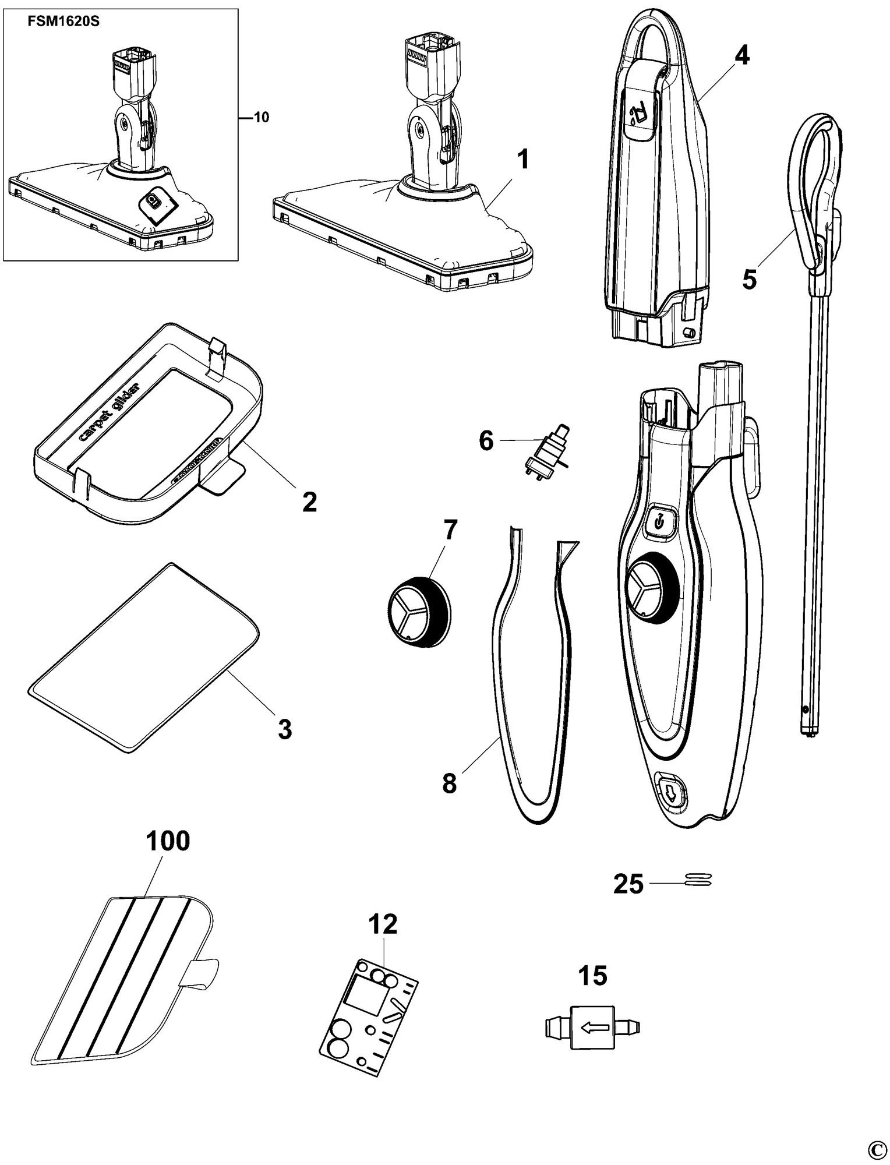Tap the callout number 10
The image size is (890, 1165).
pos(262,117)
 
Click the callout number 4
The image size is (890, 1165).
pos(741,55)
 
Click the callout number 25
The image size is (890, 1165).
pos(628,885)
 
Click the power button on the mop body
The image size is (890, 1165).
pos(659,520)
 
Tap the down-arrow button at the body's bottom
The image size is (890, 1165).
pos(672,792)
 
